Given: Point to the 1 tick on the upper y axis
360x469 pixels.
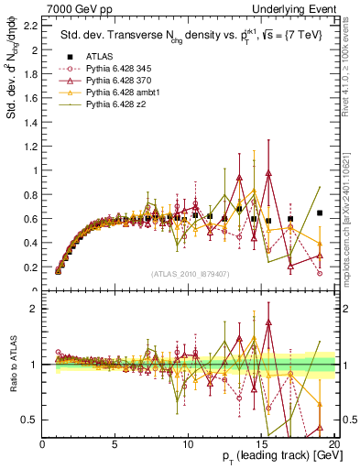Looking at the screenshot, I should tap(36, 170).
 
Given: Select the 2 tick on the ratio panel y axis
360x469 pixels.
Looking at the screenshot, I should tap(36, 309).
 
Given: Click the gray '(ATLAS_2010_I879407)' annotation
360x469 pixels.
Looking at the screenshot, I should tap(190, 273).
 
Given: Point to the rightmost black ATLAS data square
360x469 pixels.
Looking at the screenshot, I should tap(320, 213).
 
